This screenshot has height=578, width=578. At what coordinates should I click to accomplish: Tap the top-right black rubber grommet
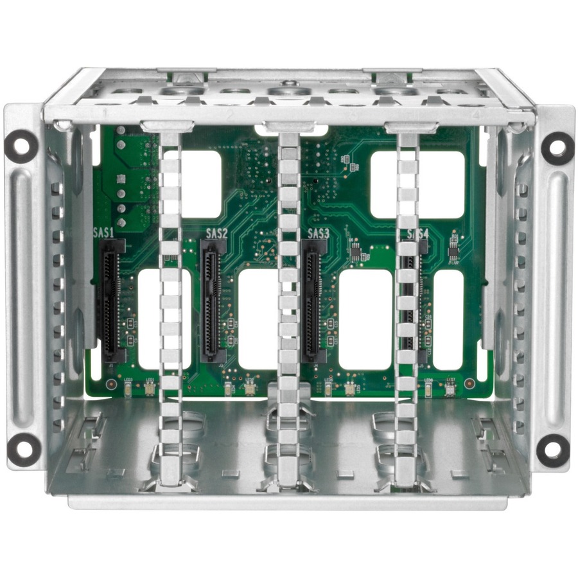(x=557, y=148)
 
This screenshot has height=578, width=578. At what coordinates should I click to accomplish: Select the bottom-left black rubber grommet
(x=24, y=448)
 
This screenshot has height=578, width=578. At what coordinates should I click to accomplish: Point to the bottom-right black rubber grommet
(x=552, y=450)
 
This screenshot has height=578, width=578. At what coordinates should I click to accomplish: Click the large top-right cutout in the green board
(x=417, y=184)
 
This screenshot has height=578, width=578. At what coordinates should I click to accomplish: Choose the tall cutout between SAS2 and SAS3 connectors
(x=258, y=319)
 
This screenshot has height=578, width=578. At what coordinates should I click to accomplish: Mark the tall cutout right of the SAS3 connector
(x=365, y=319)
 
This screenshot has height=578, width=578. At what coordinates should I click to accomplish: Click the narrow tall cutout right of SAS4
(x=448, y=319)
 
